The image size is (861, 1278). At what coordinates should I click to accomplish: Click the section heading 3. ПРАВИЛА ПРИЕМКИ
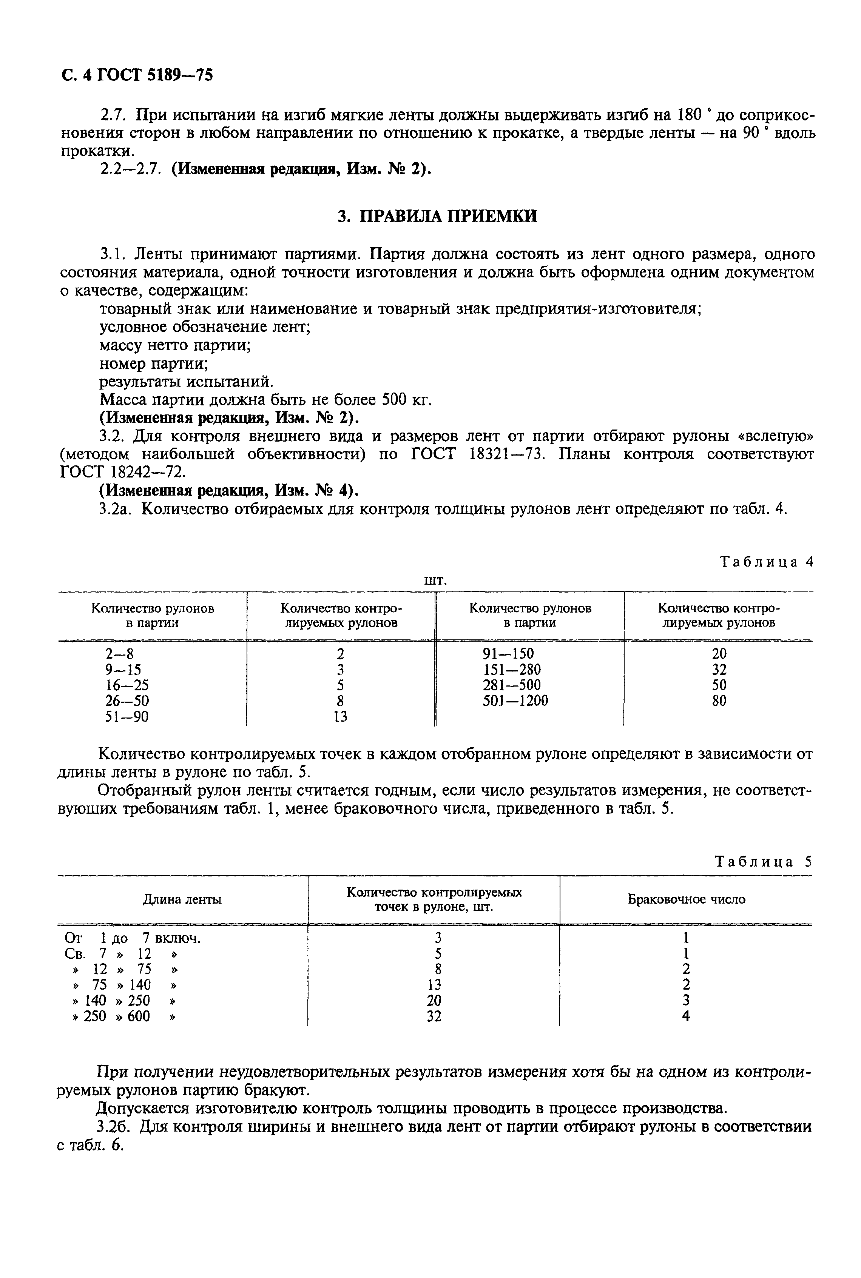[x=437, y=216]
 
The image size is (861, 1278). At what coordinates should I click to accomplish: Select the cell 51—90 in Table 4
[x=127, y=717]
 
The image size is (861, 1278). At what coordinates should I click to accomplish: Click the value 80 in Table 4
[x=719, y=701]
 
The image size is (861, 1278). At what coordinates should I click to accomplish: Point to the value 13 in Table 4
[x=341, y=717]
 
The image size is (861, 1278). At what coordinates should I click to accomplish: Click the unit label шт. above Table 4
[x=436, y=580]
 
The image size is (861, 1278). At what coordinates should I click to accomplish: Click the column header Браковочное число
[x=687, y=899]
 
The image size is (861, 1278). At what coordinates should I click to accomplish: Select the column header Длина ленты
[x=182, y=899]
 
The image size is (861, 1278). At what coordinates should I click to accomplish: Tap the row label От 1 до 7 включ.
[x=132, y=938]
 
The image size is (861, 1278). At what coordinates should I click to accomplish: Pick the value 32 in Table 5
[x=434, y=1016]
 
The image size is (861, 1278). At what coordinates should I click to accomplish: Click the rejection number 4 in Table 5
[x=686, y=1016]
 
